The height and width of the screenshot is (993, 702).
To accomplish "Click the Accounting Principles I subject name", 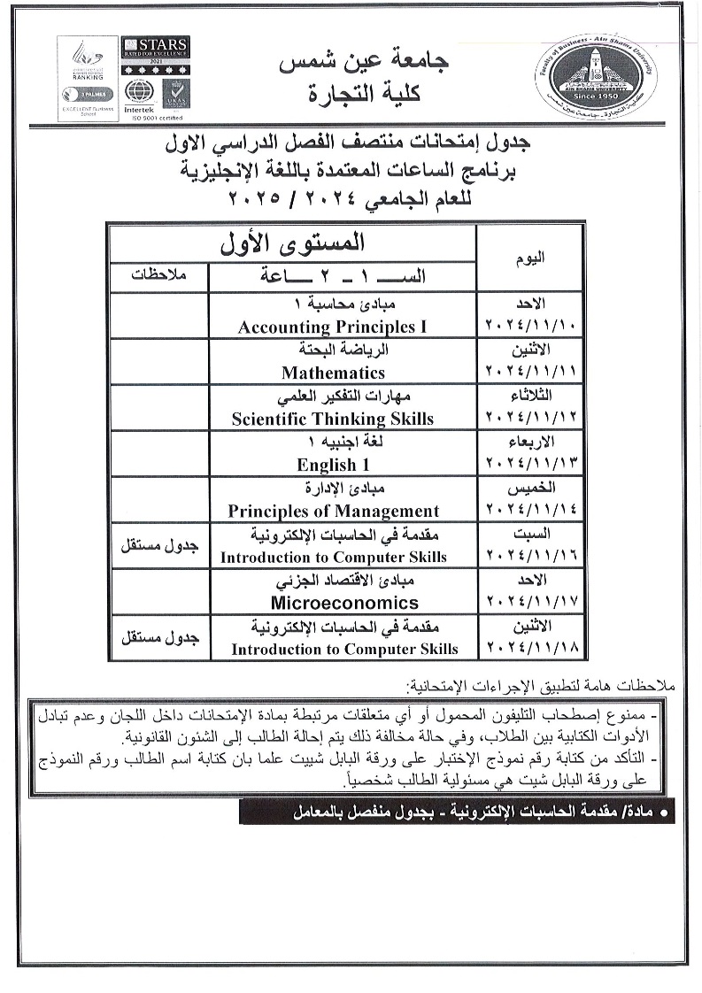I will pyautogui.click(x=332, y=327).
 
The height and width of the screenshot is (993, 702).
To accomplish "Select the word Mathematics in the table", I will pyautogui.click(x=333, y=373).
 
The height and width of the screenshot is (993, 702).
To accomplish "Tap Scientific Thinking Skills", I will pyautogui.click(x=333, y=419).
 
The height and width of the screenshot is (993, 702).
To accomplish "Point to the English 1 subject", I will pyautogui.click(x=328, y=465).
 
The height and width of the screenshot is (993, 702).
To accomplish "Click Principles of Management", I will pyautogui.click(x=333, y=511).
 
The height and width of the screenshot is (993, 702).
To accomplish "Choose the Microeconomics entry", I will pyautogui.click(x=344, y=603).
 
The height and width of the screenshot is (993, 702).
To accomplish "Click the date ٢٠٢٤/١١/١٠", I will pyautogui.click(x=531, y=327).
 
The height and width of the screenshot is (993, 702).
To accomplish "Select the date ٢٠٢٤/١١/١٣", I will pyautogui.click(x=531, y=465).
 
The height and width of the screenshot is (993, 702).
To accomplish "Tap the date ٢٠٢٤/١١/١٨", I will pyautogui.click(x=531, y=649).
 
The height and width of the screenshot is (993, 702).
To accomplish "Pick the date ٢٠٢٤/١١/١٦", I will pyautogui.click(x=531, y=557).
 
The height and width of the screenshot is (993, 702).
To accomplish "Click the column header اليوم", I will pyautogui.click(x=530, y=258).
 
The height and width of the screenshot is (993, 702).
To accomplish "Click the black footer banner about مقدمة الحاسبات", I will pyautogui.click(x=457, y=811).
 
